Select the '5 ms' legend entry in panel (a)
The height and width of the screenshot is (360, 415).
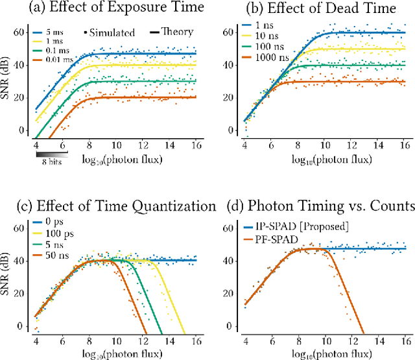(53, 31)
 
